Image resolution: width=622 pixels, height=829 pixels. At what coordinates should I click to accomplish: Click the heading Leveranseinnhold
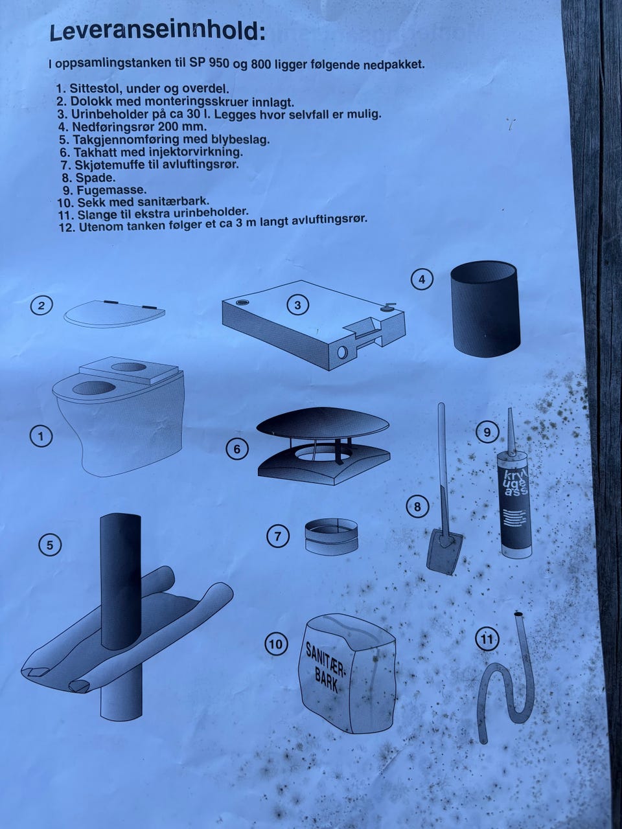157,32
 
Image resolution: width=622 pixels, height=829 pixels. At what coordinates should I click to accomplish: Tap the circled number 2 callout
41,305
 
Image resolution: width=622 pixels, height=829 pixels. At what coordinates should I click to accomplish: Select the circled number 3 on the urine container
297,305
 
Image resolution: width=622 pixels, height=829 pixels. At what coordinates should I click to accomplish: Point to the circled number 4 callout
422,279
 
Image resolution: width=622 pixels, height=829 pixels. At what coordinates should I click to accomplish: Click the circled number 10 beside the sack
276,644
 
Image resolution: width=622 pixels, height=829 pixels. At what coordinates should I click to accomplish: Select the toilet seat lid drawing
115,313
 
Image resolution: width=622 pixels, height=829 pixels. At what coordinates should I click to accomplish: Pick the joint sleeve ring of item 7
331,536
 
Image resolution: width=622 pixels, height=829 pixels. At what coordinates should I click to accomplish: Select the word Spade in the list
95,177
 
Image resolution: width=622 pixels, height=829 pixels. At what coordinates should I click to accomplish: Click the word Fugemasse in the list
112,190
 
